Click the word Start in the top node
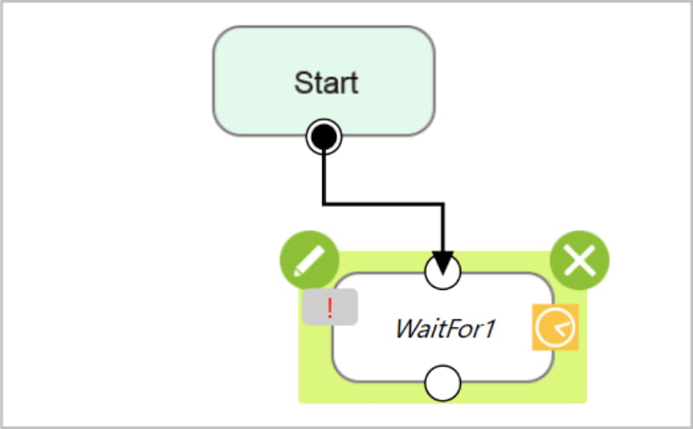pos(327,82)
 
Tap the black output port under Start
pos(324,137)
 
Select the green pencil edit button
pos(309,260)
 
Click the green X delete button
pos(580,260)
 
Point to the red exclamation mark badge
pos(330,307)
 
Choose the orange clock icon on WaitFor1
pos(555,327)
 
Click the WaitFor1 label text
pos(445,329)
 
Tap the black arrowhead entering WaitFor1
pos(443,263)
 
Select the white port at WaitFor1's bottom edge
pos(443,383)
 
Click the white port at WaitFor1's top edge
pos(443,272)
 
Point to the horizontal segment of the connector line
pos(384,204)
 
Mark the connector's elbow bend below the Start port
pos(324,204)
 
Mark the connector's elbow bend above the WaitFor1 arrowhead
pos(443,204)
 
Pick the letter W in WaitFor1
pos(409,329)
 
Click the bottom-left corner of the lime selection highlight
pos(299,403)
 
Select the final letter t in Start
pos(354,83)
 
